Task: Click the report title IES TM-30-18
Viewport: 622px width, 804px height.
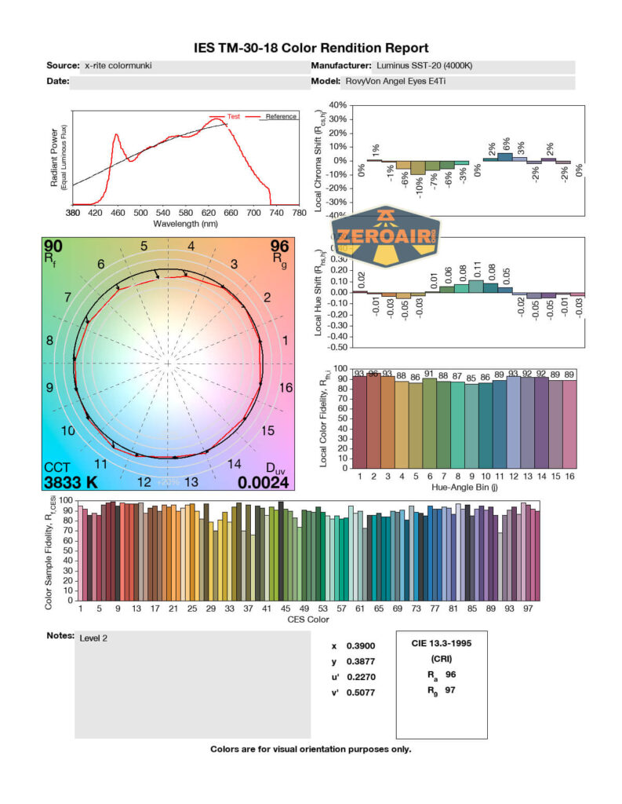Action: tap(311, 48)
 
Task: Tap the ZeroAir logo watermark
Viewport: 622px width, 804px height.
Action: tap(386, 236)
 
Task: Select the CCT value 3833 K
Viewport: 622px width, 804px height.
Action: tap(71, 482)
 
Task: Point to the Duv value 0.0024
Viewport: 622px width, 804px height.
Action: tap(264, 482)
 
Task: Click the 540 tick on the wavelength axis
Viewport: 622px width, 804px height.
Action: tap(163, 213)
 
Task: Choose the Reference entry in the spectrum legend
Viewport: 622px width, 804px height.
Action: tap(280, 116)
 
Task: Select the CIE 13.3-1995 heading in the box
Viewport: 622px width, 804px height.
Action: tap(442, 643)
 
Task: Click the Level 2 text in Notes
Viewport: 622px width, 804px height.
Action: tap(93, 638)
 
